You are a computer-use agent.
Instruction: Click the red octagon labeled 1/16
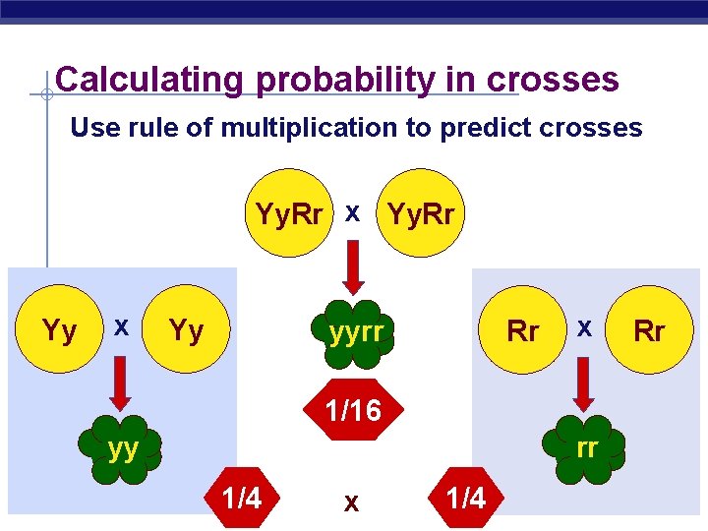[352, 409]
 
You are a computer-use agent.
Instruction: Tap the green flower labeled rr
[587, 448]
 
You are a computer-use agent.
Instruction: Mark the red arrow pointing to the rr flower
[584, 386]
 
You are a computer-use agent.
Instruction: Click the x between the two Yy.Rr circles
[352, 213]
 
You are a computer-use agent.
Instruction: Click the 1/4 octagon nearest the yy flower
[242, 498]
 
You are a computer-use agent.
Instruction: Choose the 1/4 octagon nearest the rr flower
[465, 498]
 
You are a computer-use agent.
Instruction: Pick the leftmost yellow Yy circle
[61, 331]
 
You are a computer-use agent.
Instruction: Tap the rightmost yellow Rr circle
[649, 331]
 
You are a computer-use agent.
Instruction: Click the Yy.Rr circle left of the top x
[289, 213]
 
